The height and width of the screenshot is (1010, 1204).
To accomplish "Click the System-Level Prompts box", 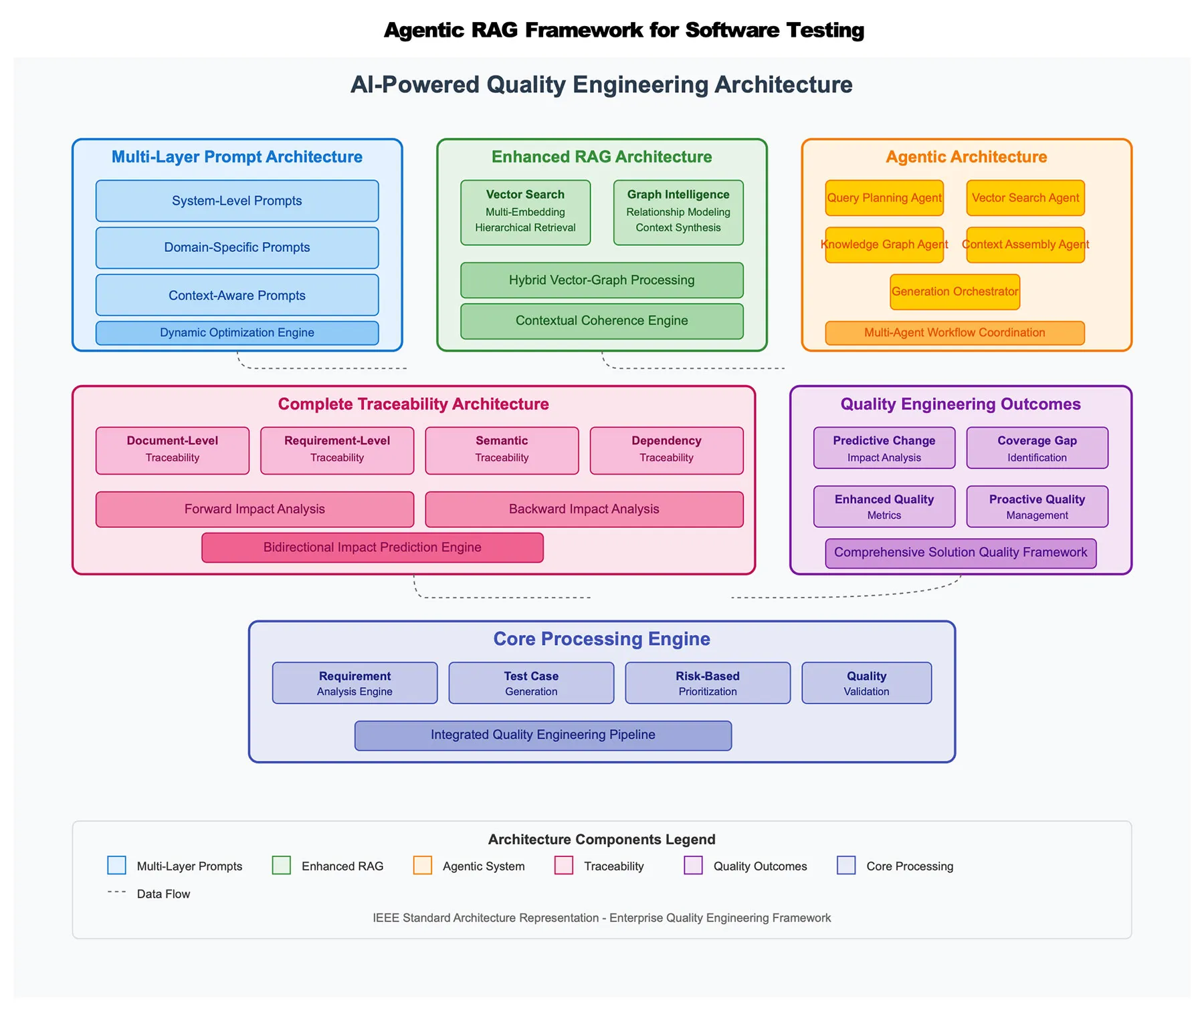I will point(237,201).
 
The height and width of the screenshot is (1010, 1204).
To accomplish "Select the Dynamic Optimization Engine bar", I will point(237,333).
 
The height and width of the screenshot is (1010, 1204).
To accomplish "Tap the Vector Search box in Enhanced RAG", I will point(525,212).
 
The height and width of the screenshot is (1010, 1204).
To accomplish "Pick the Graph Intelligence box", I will point(678,212).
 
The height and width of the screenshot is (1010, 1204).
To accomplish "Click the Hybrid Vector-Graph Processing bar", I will point(601,280).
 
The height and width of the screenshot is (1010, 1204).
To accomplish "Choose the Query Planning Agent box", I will point(884,198).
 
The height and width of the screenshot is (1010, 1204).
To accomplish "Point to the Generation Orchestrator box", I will point(955,291).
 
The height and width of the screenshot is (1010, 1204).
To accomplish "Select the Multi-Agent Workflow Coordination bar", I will point(955,333).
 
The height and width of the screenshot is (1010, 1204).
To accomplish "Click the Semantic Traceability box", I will point(502,451).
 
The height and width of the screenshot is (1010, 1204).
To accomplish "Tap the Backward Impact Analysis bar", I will point(584,509).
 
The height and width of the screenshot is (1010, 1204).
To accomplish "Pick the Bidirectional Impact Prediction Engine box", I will point(372,547).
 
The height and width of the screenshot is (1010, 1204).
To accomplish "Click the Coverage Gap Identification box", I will point(1037,448).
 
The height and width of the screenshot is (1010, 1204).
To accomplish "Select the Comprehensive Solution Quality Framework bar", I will point(961,553).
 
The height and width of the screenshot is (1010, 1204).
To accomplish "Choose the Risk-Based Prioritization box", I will point(707,682).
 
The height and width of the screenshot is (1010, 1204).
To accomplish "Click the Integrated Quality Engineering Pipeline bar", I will point(542,735).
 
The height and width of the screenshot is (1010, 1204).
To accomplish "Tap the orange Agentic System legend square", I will point(422,865).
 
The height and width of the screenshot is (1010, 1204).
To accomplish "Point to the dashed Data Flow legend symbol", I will point(117,892).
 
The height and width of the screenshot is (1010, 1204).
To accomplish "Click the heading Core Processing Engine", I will point(601,639).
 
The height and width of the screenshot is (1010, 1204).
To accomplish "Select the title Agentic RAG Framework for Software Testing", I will point(623,30).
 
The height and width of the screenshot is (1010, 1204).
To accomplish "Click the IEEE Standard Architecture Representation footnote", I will point(601,918).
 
